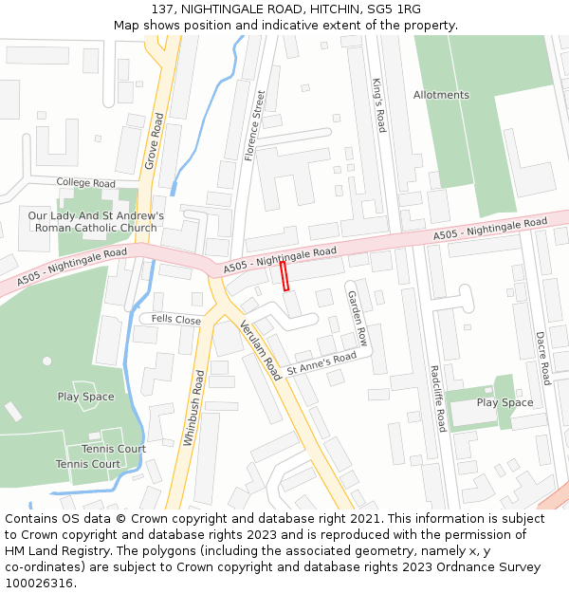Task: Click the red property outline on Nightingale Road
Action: click(x=284, y=275)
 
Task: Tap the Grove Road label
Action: click(x=155, y=141)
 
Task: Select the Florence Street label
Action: click(x=254, y=125)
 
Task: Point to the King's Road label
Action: click(x=378, y=104)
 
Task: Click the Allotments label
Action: click(x=441, y=95)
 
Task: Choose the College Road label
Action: click(x=85, y=183)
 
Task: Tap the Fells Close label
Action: click(x=176, y=321)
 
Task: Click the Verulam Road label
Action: click(x=261, y=350)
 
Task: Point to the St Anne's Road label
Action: click(x=321, y=361)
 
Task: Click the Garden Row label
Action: click(x=357, y=319)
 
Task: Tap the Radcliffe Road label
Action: click(x=435, y=398)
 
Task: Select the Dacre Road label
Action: click(x=542, y=358)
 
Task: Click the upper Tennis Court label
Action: click(x=114, y=449)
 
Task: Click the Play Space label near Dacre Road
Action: click(x=505, y=402)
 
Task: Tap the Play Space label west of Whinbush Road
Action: click(x=85, y=397)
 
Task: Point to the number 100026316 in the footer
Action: click(x=41, y=583)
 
